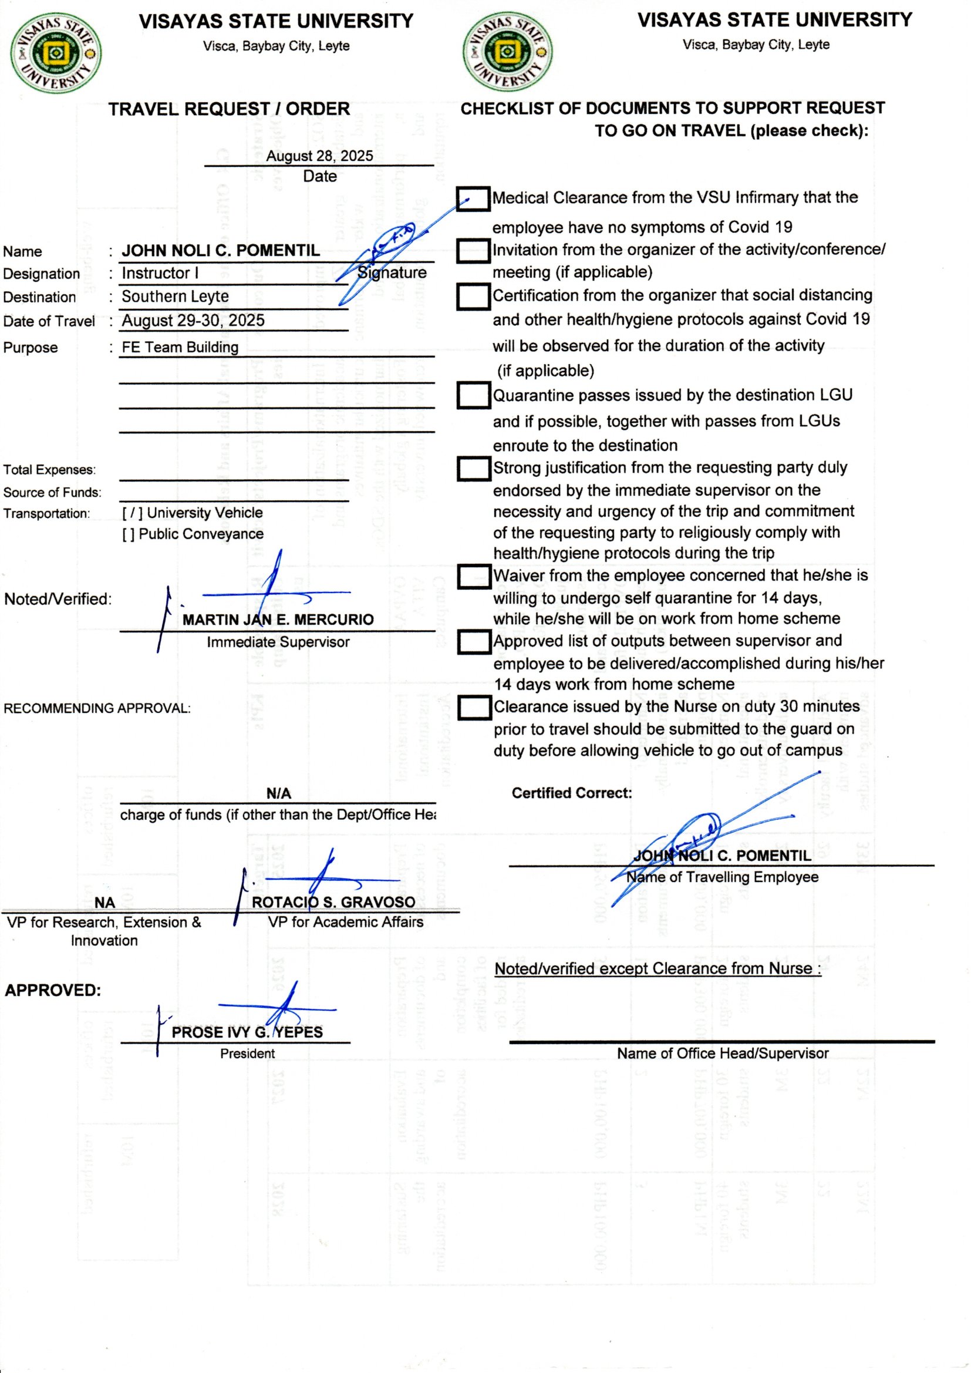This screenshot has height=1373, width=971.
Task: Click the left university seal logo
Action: (x=56, y=53)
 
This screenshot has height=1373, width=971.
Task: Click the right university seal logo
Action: (x=508, y=52)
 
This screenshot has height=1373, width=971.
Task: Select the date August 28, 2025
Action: (x=319, y=156)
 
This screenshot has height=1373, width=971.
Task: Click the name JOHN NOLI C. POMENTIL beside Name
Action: (x=221, y=251)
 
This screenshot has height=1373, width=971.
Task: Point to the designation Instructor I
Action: (x=160, y=273)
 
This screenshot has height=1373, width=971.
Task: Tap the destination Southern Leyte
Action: (x=175, y=297)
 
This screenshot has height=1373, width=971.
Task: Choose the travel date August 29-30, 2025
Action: (x=193, y=321)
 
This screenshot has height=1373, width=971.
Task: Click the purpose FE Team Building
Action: (x=180, y=348)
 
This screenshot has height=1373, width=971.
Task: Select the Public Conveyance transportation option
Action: (x=129, y=534)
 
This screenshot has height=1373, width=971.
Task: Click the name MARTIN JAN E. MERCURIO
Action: (x=278, y=620)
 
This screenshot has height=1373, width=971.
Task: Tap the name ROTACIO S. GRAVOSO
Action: (x=333, y=902)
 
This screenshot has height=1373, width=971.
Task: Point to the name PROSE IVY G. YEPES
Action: (x=247, y=1032)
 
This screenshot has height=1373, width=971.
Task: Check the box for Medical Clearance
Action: (x=473, y=198)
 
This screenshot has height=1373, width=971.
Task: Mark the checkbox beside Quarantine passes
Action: (x=474, y=395)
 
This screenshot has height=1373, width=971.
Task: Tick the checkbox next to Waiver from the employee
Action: (x=474, y=577)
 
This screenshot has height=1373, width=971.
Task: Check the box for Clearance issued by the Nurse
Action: (x=474, y=708)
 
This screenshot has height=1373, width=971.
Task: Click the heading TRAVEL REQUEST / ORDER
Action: (x=229, y=109)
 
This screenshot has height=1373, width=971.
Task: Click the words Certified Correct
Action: (x=572, y=793)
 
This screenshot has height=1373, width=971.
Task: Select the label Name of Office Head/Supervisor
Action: (x=722, y=1054)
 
